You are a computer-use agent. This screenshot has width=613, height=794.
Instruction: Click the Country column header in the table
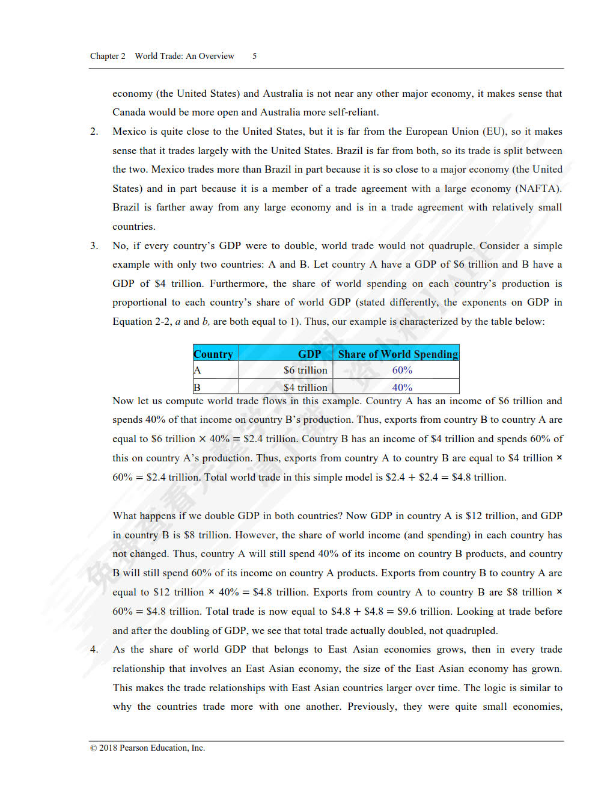pyautogui.click(x=213, y=354)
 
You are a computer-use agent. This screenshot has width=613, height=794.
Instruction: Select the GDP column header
pyautogui.click(x=310, y=354)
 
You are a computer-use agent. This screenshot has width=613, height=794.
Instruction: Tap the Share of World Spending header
pyautogui.click(x=398, y=354)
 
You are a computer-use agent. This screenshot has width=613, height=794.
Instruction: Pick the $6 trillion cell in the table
pyautogui.click(x=305, y=370)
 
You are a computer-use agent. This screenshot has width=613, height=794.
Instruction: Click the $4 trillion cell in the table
pyautogui.click(x=305, y=387)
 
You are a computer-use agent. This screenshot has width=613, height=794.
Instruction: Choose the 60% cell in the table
pyautogui.click(x=402, y=370)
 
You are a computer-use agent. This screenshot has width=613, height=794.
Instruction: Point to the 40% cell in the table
pyautogui.click(x=402, y=387)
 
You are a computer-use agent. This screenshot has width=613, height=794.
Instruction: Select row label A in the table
pyautogui.click(x=197, y=370)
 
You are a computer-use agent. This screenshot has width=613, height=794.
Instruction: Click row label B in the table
pyautogui.click(x=197, y=387)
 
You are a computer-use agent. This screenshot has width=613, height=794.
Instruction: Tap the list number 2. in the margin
pyautogui.click(x=94, y=131)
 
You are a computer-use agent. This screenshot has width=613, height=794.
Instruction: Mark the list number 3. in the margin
pyautogui.click(x=94, y=245)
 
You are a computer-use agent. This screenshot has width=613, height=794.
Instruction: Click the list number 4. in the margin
pyautogui.click(x=94, y=649)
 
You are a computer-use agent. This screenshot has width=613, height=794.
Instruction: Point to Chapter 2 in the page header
pyautogui.click(x=108, y=56)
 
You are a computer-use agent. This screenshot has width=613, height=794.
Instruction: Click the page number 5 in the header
pyautogui.click(x=254, y=56)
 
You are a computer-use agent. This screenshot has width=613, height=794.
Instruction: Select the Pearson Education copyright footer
pyautogui.click(x=147, y=748)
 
